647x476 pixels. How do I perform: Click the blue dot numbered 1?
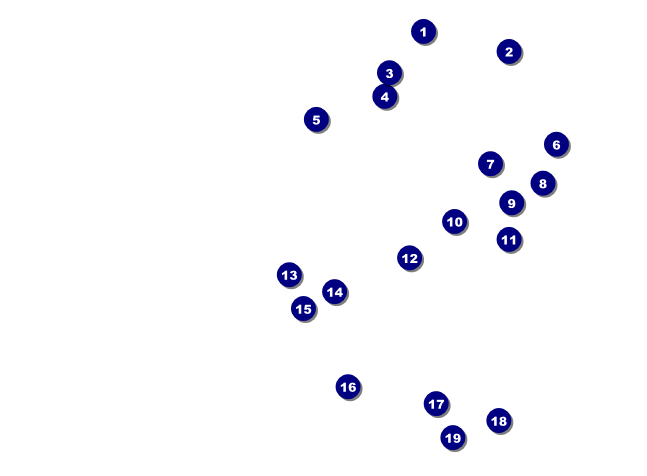point(423,31)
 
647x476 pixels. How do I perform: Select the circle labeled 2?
point(509,52)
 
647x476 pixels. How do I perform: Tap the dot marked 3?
point(389,73)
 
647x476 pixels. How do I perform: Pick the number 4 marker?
point(385,97)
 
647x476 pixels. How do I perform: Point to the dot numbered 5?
point(316,120)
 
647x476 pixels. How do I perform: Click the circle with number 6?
point(556,144)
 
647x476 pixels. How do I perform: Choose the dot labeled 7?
point(490,164)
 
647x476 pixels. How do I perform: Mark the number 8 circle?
point(543,183)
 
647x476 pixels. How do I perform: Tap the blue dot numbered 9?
point(511,203)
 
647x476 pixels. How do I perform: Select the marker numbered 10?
point(454,222)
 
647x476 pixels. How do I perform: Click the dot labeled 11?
point(509,239)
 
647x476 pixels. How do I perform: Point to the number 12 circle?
point(409,258)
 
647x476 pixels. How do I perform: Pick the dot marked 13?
point(289,274)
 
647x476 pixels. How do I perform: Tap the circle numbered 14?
point(335,292)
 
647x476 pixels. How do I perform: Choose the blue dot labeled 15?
point(303,309)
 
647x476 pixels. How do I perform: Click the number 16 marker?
point(348,387)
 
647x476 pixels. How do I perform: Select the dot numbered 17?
point(436,404)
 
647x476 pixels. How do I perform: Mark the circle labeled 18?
point(499,421)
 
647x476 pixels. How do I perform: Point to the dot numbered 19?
point(453,438)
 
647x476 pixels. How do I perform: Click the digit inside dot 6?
point(556,145)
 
